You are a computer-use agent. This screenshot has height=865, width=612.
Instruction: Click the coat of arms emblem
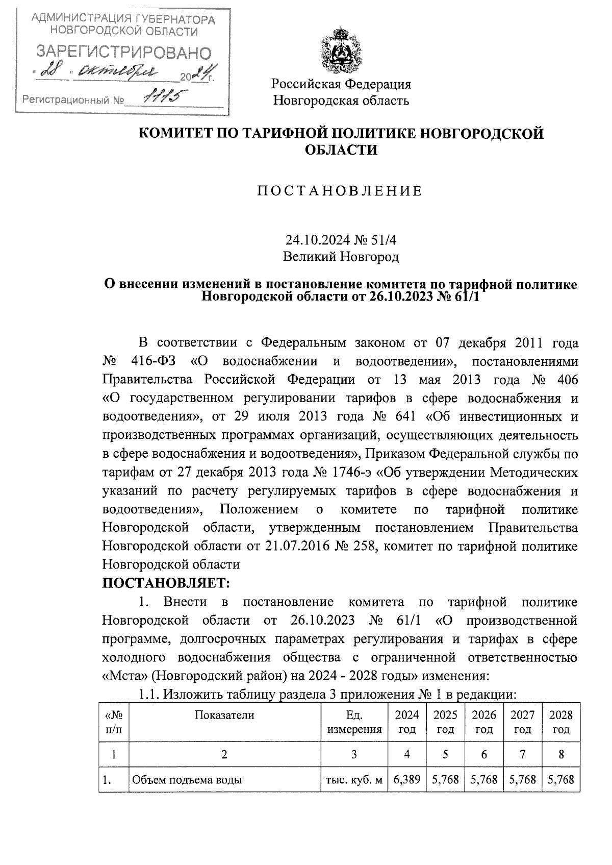pyautogui.click(x=341, y=51)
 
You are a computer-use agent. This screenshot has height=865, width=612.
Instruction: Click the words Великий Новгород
pyautogui.click(x=341, y=257)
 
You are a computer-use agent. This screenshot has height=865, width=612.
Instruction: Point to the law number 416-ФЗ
pyautogui.click(x=153, y=361)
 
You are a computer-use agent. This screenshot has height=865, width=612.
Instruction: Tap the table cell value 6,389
pyautogui.click(x=407, y=780)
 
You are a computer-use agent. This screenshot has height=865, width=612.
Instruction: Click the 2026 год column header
pyautogui.click(x=484, y=722)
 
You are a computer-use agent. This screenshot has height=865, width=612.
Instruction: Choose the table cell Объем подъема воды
pyautogui.click(x=187, y=780)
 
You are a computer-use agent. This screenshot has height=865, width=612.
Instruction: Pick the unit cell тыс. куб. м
pyautogui.click(x=354, y=780)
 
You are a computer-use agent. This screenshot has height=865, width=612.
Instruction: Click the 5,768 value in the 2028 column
pyautogui.click(x=561, y=780)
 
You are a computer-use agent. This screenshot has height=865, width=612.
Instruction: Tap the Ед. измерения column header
pyautogui.click(x=354, y=722)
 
